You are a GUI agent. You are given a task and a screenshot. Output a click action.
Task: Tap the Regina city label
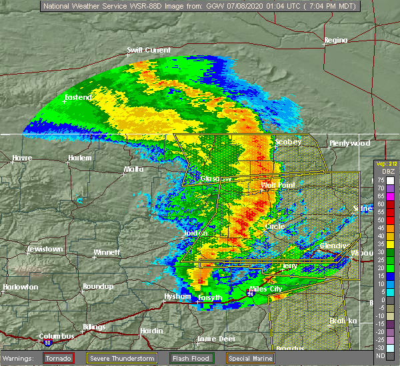335,40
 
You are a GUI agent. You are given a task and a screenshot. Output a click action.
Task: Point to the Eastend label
78,98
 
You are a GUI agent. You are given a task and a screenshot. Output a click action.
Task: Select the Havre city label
22,158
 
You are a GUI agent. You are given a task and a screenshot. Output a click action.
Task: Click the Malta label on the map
133,169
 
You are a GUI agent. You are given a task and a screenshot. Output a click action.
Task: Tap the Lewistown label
45,249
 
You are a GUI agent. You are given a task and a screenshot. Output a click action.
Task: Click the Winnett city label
106,253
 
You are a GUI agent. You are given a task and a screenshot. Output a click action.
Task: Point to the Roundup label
97,287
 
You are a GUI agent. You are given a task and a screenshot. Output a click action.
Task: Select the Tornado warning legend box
59,358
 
